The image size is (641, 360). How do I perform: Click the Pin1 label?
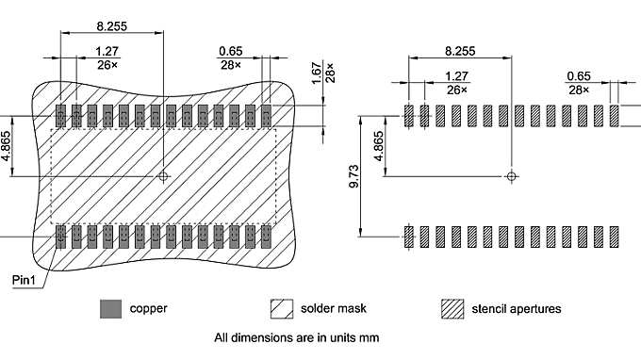point(24,280)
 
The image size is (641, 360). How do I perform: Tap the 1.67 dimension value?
point(316,73)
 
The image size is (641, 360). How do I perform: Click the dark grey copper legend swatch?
point(111,308)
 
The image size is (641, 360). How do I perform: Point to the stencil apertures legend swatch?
point(453,308)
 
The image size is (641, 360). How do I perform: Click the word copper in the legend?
point(148,308)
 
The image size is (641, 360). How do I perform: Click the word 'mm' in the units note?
point(371,336)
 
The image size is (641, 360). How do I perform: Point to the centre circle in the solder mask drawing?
point(164,176)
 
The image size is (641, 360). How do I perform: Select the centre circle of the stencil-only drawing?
point(511,175)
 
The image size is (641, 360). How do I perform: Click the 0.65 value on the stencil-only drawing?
point(577,76)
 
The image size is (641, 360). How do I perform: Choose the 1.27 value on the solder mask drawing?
point(107,52)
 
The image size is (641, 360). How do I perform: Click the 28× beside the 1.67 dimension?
point(330,73)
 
